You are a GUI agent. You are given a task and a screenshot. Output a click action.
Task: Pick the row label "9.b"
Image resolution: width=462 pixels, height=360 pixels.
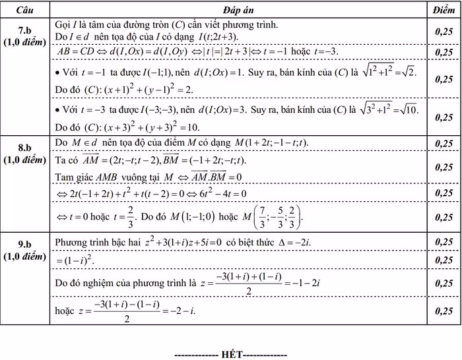24,243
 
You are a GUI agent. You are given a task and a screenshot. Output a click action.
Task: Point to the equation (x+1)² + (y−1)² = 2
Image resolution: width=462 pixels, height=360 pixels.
139,89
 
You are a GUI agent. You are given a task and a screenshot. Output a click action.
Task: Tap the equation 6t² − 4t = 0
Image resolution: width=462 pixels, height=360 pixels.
218,193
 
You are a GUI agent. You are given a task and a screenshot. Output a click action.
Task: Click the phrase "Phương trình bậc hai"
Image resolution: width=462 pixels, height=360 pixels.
99,243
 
